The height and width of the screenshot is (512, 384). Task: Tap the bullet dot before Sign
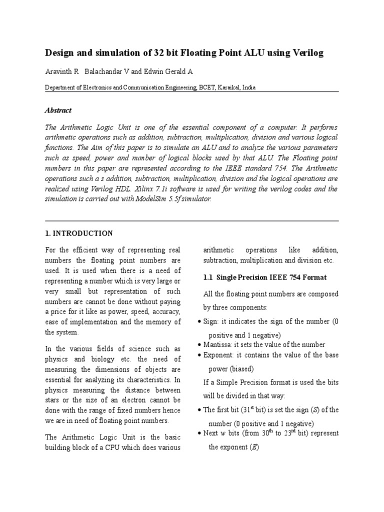click(200, 322)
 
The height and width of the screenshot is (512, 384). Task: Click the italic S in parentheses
click(315, 410)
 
